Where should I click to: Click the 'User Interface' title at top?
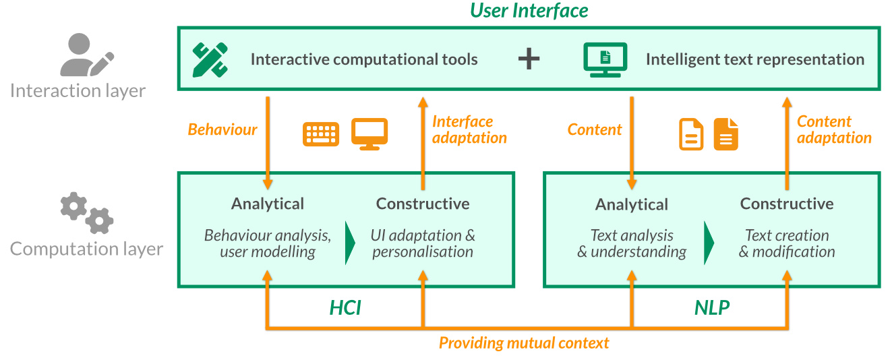pos(529,11)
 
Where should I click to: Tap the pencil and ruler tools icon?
pos(210,59)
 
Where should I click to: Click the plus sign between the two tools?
pos(529,59)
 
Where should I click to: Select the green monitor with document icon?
pos(605,59)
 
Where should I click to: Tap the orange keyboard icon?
pos(321,134)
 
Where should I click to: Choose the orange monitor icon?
pos(369,133)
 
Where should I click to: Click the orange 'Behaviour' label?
pos(222,129)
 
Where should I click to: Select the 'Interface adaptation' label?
pos(469,129)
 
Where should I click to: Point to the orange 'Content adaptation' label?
pos(834,129)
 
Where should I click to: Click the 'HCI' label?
pos(345,308)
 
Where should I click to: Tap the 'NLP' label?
pos(712,308)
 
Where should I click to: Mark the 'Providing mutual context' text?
pos(524,343)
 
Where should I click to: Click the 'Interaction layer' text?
pos(78,90)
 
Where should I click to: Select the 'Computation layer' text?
pos(86,249)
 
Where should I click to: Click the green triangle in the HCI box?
pos(350,243)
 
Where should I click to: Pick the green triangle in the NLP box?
pos(709,243)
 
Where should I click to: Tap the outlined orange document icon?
pos(691,134)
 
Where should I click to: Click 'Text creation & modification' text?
pos(787,243)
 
